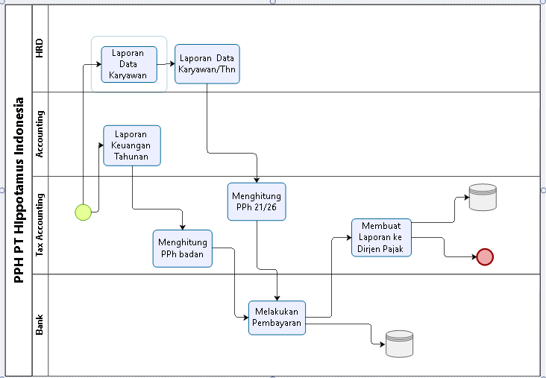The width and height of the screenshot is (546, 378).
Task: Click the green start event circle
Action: pyautogui.click(x=84, y=212)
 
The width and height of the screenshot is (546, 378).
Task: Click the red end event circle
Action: pyautogui.click(x=485, y=257)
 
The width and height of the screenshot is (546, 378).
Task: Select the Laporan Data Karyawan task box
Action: pyautogui.click(x=129, y=64)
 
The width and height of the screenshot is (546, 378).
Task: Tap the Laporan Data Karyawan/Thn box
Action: pyautogui.click(x=207, y=64)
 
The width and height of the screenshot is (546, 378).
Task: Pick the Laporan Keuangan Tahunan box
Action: pyautogui.click(x=132, y=145)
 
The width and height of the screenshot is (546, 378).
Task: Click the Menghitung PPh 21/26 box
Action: pyautogui.click(x=257, y=201)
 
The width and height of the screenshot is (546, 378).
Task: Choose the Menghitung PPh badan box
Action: pyautogui.click(x=183, y=248)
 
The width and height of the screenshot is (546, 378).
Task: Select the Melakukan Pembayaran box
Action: pyautogui.click(x=277, y=318)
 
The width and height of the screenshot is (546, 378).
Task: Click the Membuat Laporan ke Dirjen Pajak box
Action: pyautogui.click(x=381, y=238)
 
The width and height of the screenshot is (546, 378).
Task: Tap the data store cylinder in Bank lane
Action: pyautogui.click(x=399, y=344)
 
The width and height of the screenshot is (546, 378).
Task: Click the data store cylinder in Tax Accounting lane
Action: pyautogui.click(x=483, y=198)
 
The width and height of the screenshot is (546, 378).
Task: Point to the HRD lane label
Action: pyautogui.click(x=40, y=48)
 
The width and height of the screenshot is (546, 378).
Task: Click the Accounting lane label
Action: pyautogui.click(x=40, y=134)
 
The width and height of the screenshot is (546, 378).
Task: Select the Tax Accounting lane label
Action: pyautogui.click(x=40, y=225)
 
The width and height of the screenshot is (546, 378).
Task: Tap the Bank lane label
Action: pyautogui.click(x=40, y=324)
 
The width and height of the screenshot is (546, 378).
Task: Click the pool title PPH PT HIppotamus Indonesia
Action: pyautogui.click(x=19, y=190)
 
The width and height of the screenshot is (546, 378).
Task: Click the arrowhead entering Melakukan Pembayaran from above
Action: pyautogui.click(x=277, y=298)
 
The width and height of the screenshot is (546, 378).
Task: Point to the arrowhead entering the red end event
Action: pyautogui.click(x=474, y=257)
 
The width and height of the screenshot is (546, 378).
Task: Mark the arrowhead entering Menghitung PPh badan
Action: pyautogui.click(x=183, y=227)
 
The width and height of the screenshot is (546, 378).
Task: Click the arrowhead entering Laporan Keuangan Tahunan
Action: pyautogui.click(x=101, y=145)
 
